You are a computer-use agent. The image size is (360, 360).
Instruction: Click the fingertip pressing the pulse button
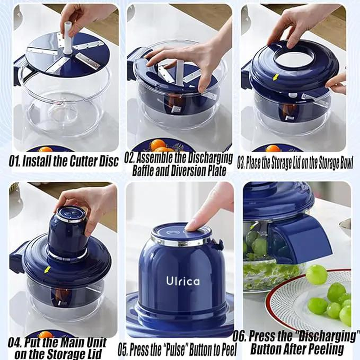pyautogui.click(x=193, y=224)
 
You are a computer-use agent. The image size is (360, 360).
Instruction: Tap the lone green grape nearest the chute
pyautogui.click(x=316, y=274)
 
